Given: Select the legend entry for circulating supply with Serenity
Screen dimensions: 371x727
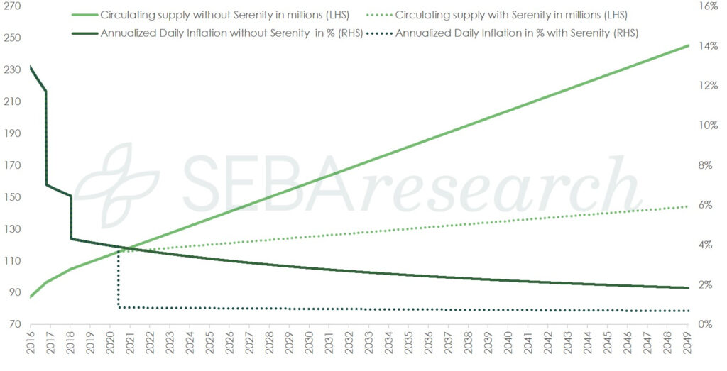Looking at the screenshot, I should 510,15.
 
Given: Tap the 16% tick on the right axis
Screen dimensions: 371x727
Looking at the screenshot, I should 709,6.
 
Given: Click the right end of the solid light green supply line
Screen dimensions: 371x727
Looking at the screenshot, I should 688,45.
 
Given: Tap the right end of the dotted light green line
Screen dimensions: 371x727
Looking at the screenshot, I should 688,206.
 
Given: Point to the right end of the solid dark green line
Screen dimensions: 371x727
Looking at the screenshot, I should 688,287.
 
